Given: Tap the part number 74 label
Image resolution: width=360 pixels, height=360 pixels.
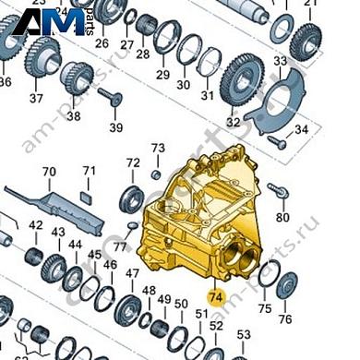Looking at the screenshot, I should click(x=215, y=297).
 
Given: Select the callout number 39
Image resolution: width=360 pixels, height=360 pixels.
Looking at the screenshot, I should click(x=115, y=126).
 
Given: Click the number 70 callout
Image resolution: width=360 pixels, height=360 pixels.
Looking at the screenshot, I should click(x=49, y=172).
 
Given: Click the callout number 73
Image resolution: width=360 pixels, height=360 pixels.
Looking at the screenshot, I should click(x=158, y=149).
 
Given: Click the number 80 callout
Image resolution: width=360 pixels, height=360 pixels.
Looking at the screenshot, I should click(x=284, y=218).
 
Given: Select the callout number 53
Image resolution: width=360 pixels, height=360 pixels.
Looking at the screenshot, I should click(x=243, y=334).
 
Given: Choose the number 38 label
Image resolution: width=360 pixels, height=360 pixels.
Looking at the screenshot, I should click(x=72, y=116).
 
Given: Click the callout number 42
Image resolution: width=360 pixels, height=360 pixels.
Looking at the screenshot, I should click(x=36, y=226).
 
